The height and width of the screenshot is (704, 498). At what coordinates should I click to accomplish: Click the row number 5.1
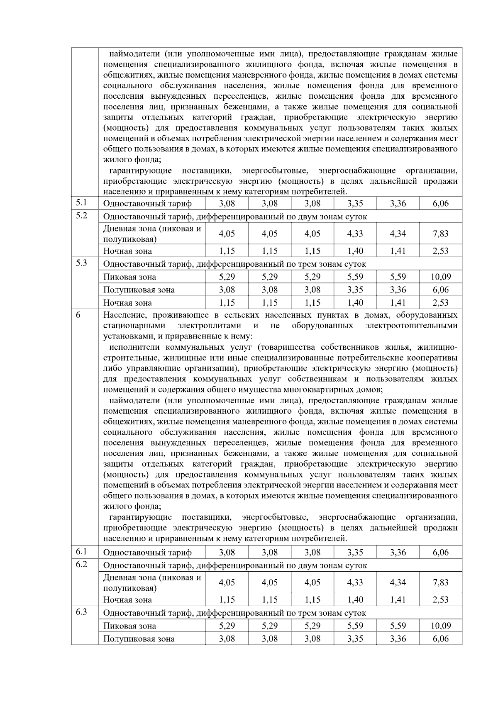81,203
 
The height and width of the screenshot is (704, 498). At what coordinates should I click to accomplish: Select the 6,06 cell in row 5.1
440,204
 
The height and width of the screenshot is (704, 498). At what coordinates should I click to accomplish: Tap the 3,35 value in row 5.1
355,204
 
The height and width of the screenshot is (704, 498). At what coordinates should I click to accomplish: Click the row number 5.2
81,216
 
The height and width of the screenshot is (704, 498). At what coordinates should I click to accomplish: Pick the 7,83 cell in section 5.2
440,234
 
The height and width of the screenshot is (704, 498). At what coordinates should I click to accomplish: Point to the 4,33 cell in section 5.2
355,234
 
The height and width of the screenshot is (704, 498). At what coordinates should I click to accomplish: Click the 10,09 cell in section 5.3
440,277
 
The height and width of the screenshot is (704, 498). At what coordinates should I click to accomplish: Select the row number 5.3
81,263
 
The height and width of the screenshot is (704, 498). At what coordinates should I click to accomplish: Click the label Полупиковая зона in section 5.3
139,290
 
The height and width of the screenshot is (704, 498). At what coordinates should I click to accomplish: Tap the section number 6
78,315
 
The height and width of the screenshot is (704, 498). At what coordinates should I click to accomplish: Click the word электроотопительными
411,326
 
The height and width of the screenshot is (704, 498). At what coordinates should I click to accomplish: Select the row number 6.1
81,552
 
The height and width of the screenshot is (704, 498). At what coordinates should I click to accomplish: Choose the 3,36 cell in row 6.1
398,553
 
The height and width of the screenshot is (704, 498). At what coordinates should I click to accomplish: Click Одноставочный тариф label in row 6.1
147,553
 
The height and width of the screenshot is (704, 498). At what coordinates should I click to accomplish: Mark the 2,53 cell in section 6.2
440,600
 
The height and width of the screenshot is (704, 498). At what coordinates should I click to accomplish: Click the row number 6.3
81,612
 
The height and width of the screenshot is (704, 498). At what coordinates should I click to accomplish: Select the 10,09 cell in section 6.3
440,626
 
